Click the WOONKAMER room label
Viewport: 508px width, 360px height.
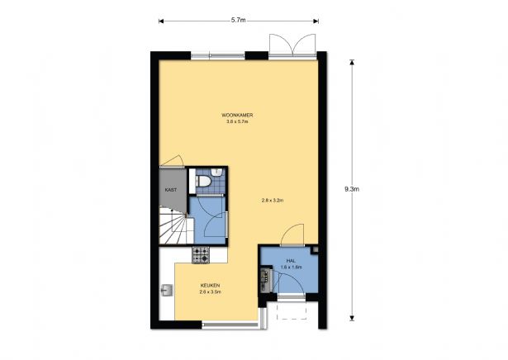click(x=237, y=114)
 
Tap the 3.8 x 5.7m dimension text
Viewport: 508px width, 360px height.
click(x=237, y=121)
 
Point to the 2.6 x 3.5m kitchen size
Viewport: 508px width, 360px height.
click(x=211, y=291)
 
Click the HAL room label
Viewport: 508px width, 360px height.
click(x=291, y=260)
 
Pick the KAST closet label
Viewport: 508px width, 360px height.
click(x=171, y=190)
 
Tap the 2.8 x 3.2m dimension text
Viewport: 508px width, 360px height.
click(x=273, y=201)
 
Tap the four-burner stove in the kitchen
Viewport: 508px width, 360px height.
click(x=201, y=255)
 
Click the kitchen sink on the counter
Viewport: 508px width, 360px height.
click(x=167, y=290)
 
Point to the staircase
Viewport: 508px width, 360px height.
click(x=173, y=225)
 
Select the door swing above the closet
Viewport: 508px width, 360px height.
click(x=172, y=160)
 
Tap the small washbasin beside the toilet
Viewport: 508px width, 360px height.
click(x=216, y=172)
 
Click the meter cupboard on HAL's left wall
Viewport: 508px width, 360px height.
click(x=266, y=278)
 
